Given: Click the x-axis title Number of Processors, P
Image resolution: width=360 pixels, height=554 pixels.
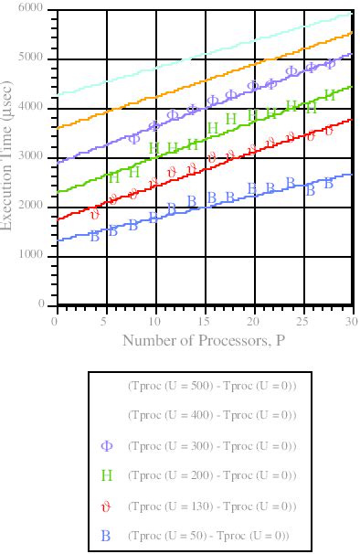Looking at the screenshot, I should pyautogui.click(x=203, y=342).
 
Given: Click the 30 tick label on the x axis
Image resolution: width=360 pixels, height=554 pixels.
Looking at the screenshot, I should pyautogui.click(x=352, y=322).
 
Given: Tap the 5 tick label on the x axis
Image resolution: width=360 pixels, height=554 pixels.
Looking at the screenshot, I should pyautogui.click(x=105, y=322).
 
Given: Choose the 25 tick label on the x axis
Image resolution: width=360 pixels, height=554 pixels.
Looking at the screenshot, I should pyautogui.click(x=302, y=322).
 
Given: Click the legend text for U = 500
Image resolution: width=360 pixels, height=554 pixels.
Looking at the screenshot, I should pyautogui.click(x=212, y=385).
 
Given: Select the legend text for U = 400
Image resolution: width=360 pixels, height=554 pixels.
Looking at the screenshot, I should pyautogui.click(x=212, y=415).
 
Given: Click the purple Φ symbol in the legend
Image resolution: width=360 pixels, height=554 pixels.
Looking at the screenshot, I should pyautogui.click(x=106, y=445).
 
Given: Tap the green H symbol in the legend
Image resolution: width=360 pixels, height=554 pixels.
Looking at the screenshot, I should pyautogui.click(x=106, y=475).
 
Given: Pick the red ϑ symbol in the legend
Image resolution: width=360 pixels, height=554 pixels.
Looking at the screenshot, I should pyautogui.click(x=106, y=506).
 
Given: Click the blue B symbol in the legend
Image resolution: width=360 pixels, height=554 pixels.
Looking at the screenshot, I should pyautogui.click(x=106, y=536).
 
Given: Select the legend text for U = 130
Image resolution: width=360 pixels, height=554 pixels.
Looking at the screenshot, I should pyautogui.click(x=212, y=506).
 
